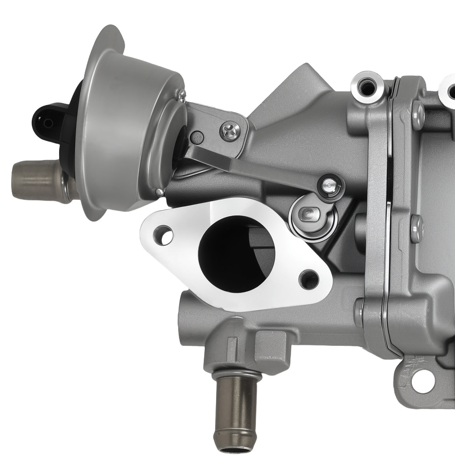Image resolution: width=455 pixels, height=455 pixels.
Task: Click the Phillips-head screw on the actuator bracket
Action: tap(230, 131)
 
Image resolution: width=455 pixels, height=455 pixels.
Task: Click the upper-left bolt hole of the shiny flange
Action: tap(163, 235)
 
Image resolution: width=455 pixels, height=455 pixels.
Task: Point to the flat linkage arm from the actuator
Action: tap(255, 166)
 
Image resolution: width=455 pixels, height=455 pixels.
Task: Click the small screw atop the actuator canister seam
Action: tap(182, 95)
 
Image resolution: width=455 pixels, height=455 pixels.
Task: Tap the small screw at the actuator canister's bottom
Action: tap(159, 192)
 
